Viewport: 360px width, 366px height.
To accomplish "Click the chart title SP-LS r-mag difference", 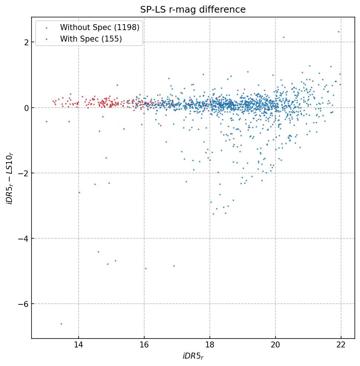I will coord(193,10).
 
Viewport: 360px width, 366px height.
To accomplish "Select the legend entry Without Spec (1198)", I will coord(100,27).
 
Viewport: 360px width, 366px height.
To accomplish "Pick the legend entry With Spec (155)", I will coord(91,39).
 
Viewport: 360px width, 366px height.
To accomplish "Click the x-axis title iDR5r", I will coord(193,357).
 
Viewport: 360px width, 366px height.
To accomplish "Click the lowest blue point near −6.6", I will coord(61,324).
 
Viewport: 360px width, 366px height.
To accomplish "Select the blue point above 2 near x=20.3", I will coord(284,37).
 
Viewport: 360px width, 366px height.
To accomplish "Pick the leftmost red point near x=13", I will coord(46,121).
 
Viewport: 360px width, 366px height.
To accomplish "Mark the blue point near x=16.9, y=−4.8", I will coord(174,266).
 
